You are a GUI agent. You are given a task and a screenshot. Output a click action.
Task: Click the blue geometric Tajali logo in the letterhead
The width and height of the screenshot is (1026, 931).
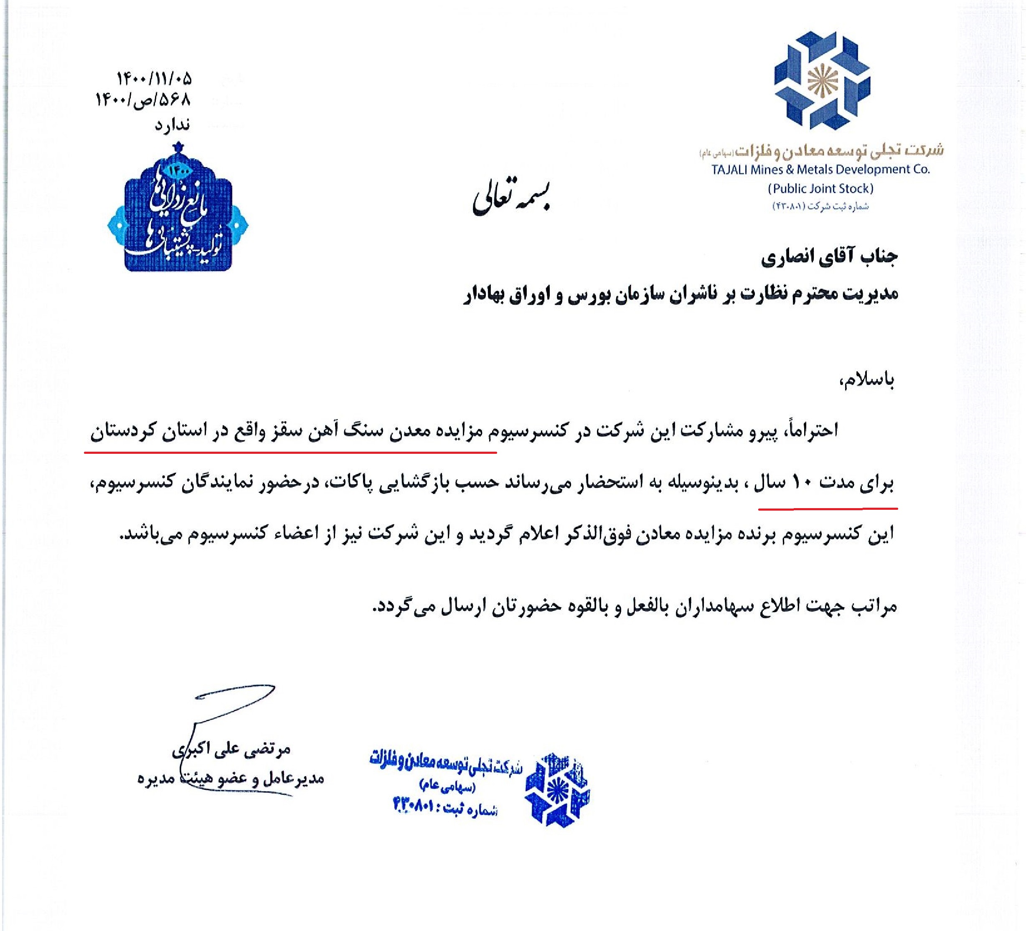point(821,80)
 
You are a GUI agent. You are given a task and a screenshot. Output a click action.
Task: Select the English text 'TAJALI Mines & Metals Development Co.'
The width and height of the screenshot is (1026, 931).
point(820,170)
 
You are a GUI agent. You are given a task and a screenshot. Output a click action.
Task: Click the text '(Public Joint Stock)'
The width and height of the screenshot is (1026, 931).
point(820,189)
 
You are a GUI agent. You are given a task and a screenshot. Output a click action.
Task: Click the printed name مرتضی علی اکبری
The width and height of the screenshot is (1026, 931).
point(231,748)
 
